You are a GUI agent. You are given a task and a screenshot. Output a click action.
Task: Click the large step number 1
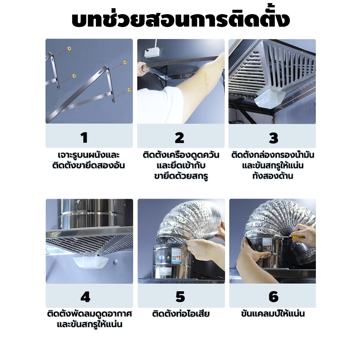tap(84, 138)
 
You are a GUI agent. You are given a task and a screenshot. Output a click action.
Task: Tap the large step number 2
tap(179, 138)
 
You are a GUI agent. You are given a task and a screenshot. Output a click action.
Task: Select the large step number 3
tap(274, 138)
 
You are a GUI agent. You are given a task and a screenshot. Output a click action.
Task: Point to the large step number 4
tap(85, 297)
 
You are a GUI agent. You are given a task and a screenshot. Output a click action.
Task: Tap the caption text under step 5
tap(181, 314)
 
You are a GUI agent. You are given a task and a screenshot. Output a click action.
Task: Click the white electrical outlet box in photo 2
tap(152, 52)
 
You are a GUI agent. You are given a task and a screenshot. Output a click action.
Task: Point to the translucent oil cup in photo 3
tap(270, 98)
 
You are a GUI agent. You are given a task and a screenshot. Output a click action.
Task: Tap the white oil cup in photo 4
tap(91, 262)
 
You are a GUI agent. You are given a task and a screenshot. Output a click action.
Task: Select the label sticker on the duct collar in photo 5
tap(177, 254)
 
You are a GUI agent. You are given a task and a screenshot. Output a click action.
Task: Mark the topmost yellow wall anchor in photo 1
tap(69, 49)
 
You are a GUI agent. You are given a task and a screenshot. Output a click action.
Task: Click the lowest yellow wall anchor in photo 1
tap(129, 90)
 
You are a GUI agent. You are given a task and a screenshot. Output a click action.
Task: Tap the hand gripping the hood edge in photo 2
tap(143, 69)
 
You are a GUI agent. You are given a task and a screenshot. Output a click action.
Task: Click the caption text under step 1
tap(89, 160)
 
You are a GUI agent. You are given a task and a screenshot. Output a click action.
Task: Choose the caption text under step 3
tap(273, 165)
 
